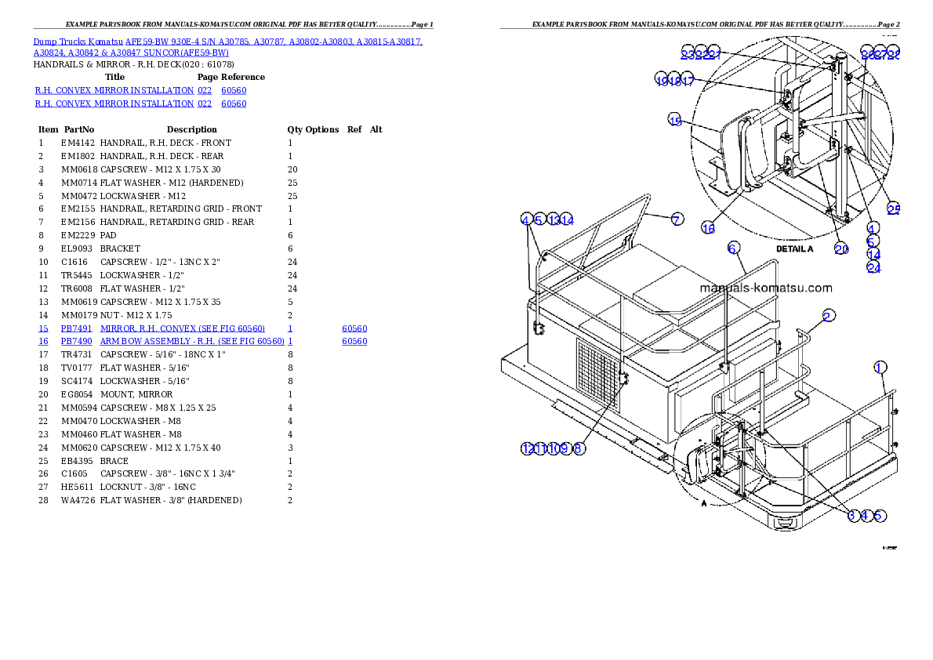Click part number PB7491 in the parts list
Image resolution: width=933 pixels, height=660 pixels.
[x=77, y=328]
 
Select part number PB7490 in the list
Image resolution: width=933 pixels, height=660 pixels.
[x=77, y=342]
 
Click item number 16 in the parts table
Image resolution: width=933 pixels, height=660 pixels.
[x=43, y=342]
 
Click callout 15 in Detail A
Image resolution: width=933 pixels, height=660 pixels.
[x=675, y=119]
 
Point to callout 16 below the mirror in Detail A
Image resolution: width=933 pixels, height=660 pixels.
[x=708, y=228]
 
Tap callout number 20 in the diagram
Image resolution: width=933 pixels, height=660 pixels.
[x=841, y=248]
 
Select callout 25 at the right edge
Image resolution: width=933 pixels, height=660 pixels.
[x=894, y=209]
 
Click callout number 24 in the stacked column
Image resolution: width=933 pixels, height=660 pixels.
[x=873, y=267]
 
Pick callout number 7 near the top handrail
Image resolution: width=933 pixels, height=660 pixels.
[x=677, y=219]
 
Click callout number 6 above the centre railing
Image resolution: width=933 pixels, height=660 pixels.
[x=732, y=248]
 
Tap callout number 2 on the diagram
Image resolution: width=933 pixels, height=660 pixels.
[x=828, y=316]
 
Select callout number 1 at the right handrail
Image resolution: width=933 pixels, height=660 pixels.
[x=880, y=367]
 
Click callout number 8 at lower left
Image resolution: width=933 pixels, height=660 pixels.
[x=579, y=448]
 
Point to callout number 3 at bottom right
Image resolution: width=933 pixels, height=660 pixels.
[x=852, y=515]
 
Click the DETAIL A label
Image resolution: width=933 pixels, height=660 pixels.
[x=795, y=248]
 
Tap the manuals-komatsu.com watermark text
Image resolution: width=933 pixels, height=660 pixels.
[x=765, y=288]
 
